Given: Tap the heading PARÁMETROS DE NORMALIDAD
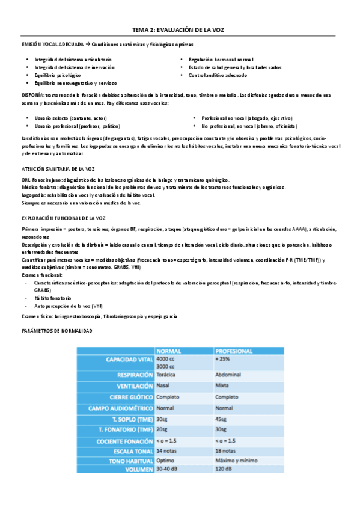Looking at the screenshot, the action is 56,331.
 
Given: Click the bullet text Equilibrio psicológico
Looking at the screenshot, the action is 58,75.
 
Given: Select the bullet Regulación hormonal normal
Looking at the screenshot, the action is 221,60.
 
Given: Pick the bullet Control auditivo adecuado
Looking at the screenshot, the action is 217,75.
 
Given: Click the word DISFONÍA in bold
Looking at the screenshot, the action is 32,95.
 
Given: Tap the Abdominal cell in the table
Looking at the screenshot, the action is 228,374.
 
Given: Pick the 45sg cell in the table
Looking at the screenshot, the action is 221,419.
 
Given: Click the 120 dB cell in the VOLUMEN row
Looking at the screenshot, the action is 224,469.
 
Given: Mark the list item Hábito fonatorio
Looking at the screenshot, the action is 53,297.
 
